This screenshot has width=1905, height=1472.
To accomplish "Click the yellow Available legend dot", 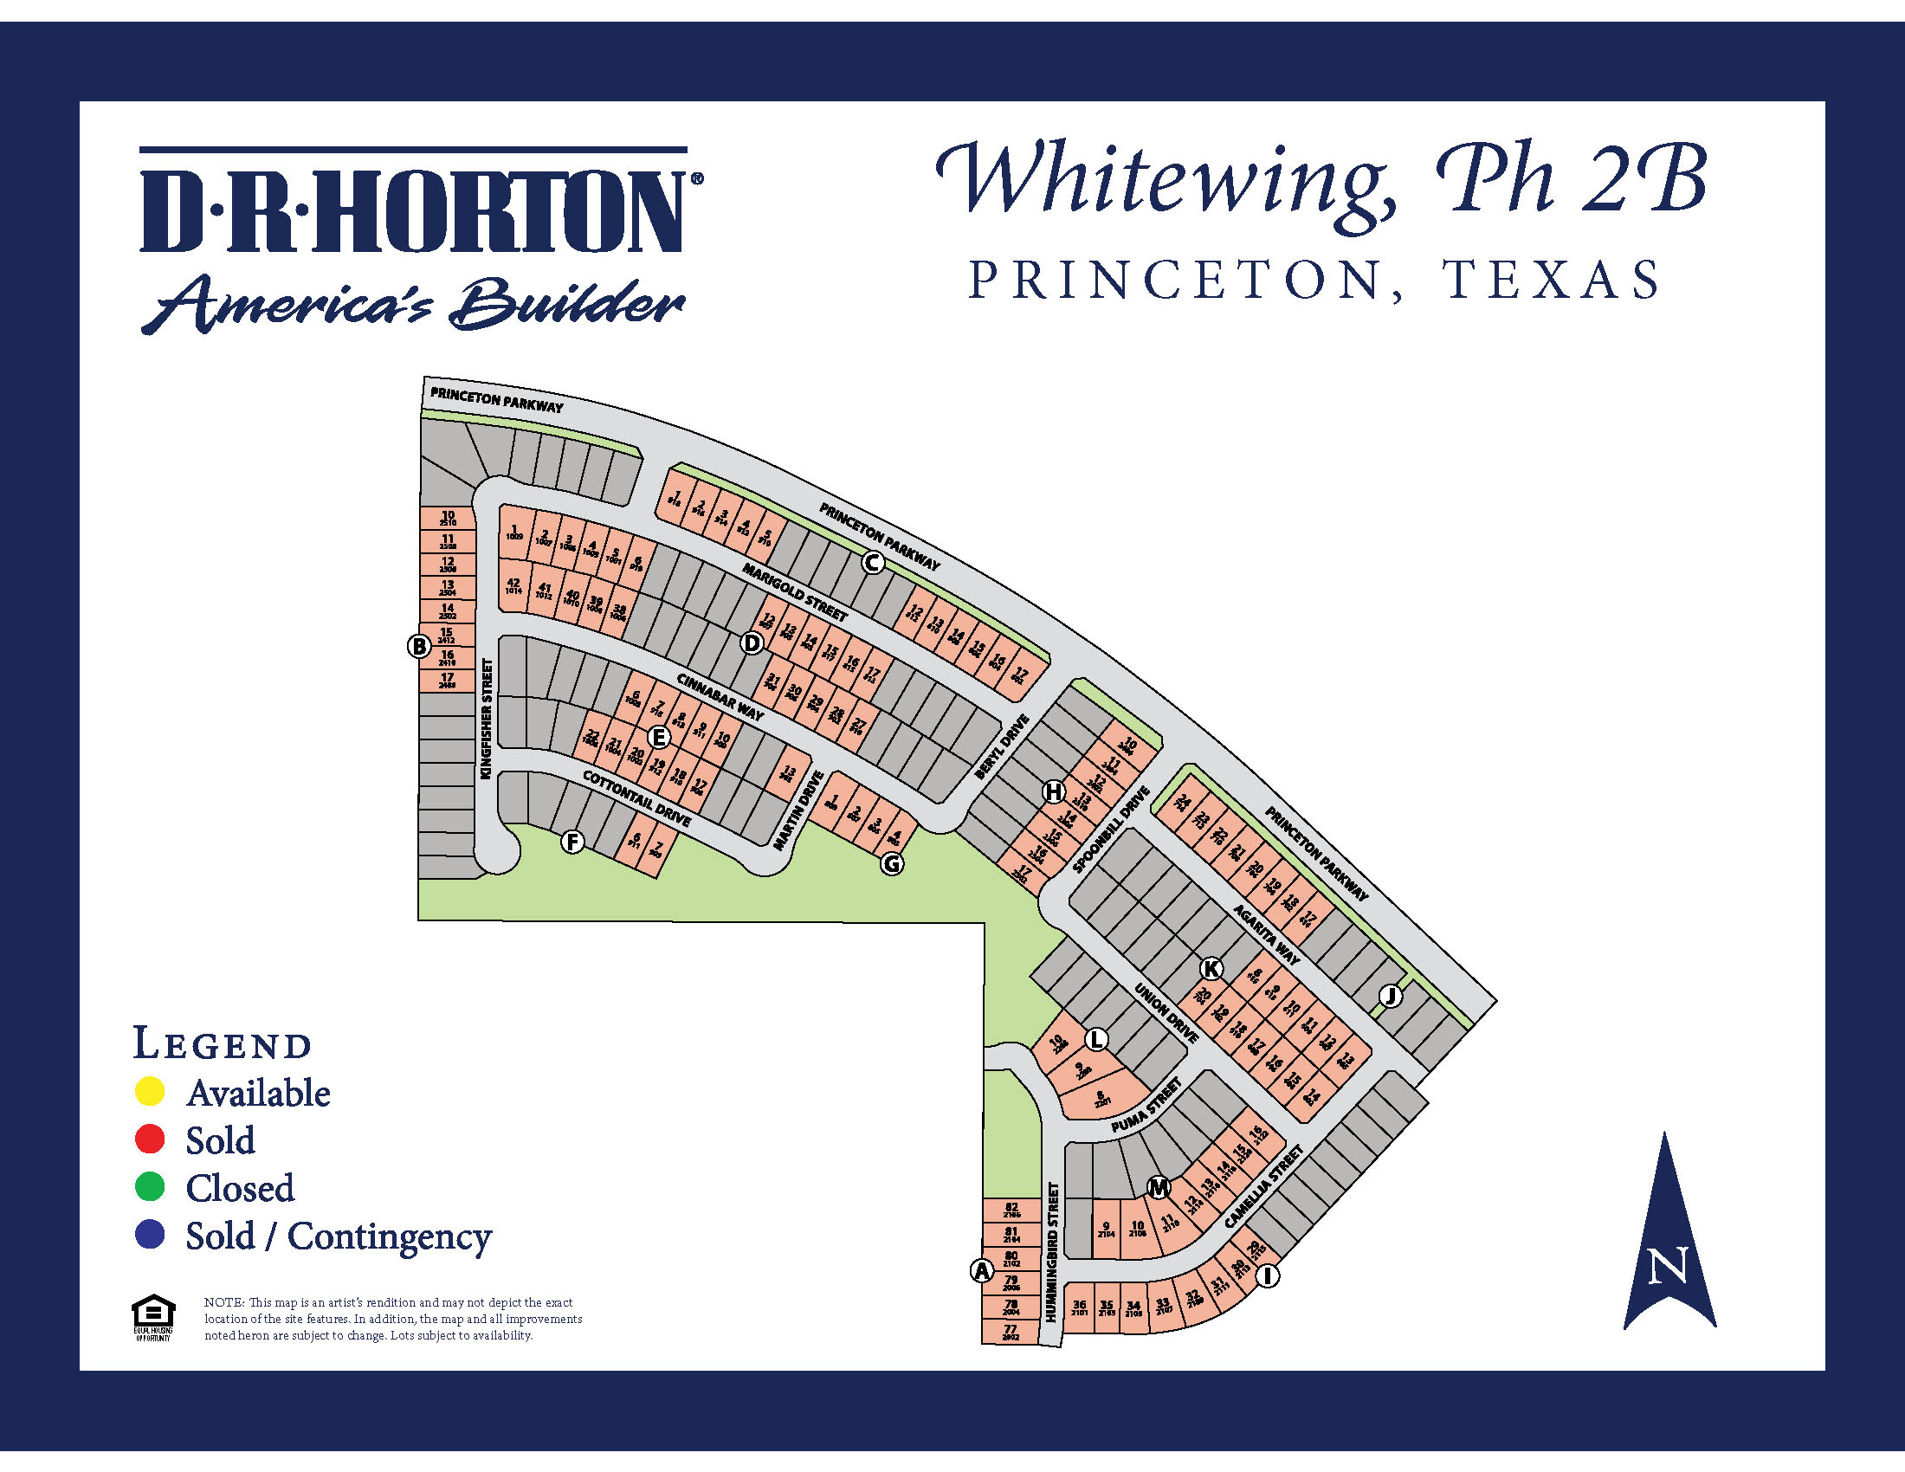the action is click(x=150, y=1091).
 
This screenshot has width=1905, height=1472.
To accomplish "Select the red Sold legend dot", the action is click(x=150, y=1139).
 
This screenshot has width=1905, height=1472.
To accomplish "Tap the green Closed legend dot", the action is click(x=150, y=1186).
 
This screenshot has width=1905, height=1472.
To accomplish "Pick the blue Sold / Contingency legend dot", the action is click(x=150, y=1234).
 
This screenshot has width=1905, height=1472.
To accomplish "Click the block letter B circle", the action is click(x=420, y=646).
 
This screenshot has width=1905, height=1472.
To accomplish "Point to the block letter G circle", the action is click(x=891, y=863).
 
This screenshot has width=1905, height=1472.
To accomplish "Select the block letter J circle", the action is click(x=1391, y=995).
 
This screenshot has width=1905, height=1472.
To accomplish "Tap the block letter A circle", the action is click(x=982, y=1270).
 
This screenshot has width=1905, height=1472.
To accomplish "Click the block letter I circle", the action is click(x=1268, y=1275).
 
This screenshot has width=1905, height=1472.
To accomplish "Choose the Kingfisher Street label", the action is click(x=487, y=719).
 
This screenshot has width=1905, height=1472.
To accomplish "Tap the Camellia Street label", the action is click(x=1264, y=1187).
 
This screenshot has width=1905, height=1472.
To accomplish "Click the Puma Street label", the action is click(x=1146, y=1106).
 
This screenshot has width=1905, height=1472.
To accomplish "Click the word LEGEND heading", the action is click(x=223, y=1043).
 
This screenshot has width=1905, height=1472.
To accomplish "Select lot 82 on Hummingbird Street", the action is click(x=1011, y=1210).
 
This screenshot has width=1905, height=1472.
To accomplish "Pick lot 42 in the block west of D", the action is click(x=513, y=586).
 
